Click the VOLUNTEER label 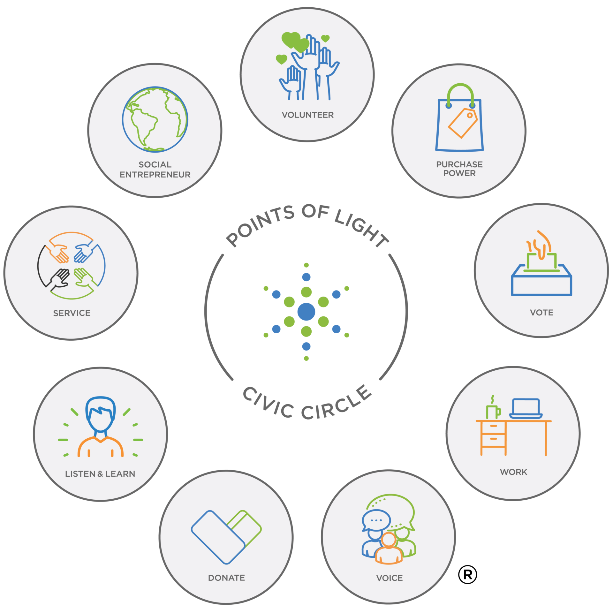click(x=307, y=115)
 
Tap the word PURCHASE click(x=459, y=164)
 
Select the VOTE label click(x=541, y=313)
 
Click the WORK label click(x=513, y=472)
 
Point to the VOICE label click(x=390, y=578)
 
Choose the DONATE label click(x=226, y=578)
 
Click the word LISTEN click(x=80, y=474)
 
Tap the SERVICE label click(x=72, y=313)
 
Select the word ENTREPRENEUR click(x=155, y=175)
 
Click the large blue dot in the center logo click(x=306, y=312)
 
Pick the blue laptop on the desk click(x=526, y=408)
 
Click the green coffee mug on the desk click(x=493, y=412)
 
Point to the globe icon click(x=155, y=119)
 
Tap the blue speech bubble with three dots click(x=376, y=520)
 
